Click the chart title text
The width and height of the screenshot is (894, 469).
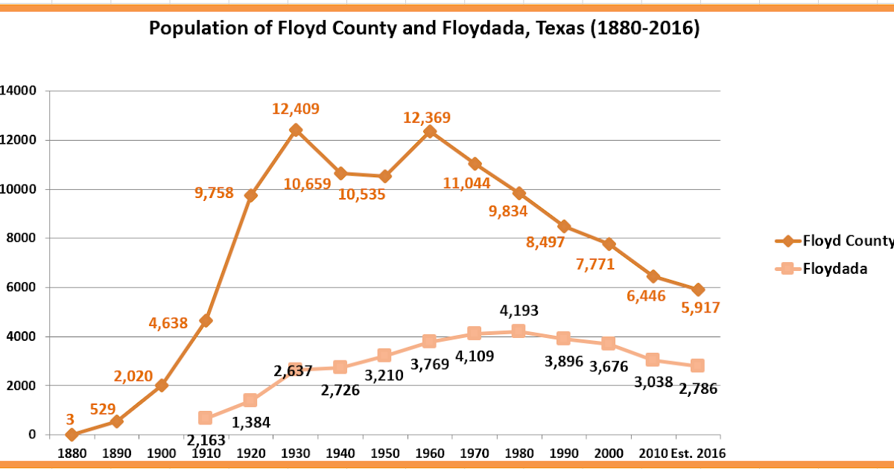425,29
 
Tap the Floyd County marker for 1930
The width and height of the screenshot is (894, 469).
296,130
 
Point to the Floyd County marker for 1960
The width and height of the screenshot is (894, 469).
429,131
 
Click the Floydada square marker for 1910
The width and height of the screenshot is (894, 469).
206,418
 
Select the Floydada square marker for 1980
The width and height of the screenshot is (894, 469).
519,331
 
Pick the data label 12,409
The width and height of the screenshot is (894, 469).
295,109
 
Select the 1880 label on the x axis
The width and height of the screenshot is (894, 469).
72,453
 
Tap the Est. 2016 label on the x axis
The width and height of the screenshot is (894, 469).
698,453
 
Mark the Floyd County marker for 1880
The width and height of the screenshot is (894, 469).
72,435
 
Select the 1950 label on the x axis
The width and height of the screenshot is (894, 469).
384,453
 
